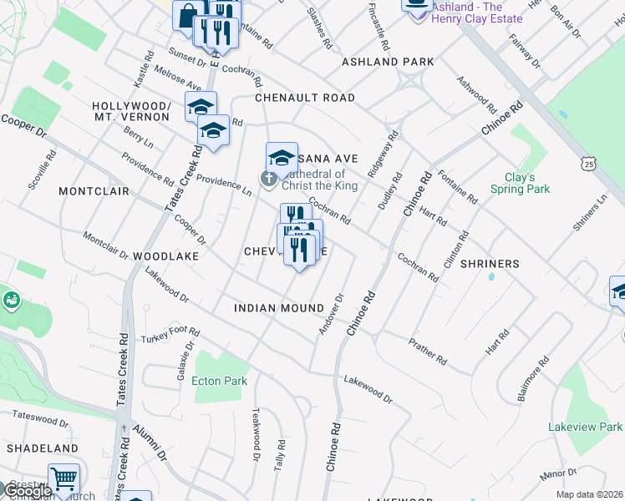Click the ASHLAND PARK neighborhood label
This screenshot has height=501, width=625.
[388, 62]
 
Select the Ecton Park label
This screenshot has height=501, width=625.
[219, 381]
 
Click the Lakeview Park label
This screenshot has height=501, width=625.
[585, 427]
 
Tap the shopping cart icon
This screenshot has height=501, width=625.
[64, 479]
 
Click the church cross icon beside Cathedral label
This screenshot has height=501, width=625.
[267, 178]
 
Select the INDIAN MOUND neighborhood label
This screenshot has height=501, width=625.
[278, 308]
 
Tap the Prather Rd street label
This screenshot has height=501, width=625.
[427, 350]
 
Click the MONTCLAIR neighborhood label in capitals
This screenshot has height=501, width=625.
[94, 191]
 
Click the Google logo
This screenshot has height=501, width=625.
[27, 491]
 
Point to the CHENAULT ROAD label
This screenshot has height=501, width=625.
[305, 98]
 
